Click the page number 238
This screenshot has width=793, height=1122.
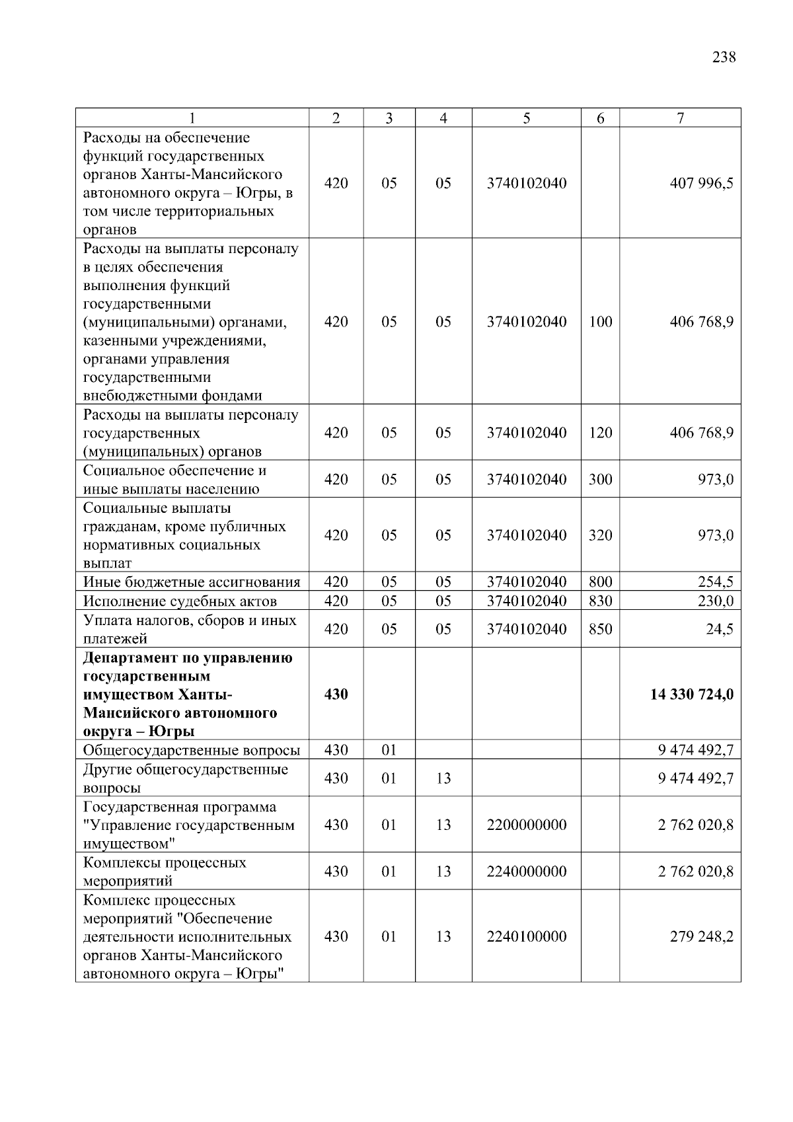click(x=724, y=57)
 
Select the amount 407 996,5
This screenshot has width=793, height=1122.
click(x=701, y=183)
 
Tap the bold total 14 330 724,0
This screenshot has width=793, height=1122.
click(x=692, y=694)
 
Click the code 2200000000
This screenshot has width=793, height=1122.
click(x=527, y=825)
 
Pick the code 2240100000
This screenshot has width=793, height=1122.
click(x=527, y=936)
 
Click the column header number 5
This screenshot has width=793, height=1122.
click(x=527, y=118)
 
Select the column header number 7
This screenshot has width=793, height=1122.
click(x=680, y=118)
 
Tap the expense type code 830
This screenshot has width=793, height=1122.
click(x=600, y=601)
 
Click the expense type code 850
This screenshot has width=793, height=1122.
click(x=600, y=629)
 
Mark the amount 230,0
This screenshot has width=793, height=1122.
click(x=716, y=601)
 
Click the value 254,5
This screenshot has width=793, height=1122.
click(x=716, y=582)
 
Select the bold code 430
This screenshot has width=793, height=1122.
click(x=336, y=694)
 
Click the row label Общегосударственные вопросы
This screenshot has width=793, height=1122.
click(x=192, y=750)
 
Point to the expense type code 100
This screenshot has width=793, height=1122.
click(x=600, y=322)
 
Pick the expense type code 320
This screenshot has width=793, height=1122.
click(x=600, y=535)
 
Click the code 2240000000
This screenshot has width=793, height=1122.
click(x=527, y=872)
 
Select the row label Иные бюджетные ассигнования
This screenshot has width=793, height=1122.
click(x=192, y=582)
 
